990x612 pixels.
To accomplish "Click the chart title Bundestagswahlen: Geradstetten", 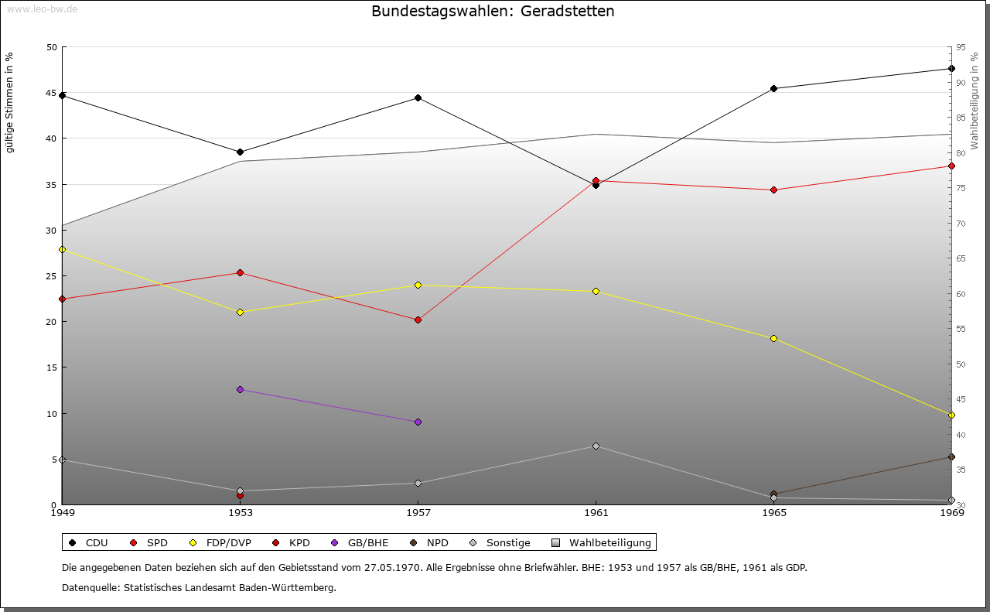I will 493,12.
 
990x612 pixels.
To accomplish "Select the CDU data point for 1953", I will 240,152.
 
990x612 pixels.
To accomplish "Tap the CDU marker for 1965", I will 773,88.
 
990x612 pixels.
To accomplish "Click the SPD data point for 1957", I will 418,320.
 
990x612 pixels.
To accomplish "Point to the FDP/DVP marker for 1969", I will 951,415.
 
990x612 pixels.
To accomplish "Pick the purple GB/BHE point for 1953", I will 240,389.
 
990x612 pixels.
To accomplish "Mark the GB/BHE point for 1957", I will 418,422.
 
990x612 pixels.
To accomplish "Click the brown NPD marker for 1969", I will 951,456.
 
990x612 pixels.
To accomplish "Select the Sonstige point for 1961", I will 596,446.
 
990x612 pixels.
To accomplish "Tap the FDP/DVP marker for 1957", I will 418,285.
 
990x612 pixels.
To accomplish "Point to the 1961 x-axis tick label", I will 596,513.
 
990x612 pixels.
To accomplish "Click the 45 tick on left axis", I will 52,93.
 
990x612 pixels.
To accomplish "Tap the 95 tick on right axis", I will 961,47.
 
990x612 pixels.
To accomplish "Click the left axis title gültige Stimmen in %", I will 10,102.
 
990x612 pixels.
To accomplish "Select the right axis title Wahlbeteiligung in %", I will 975,101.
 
